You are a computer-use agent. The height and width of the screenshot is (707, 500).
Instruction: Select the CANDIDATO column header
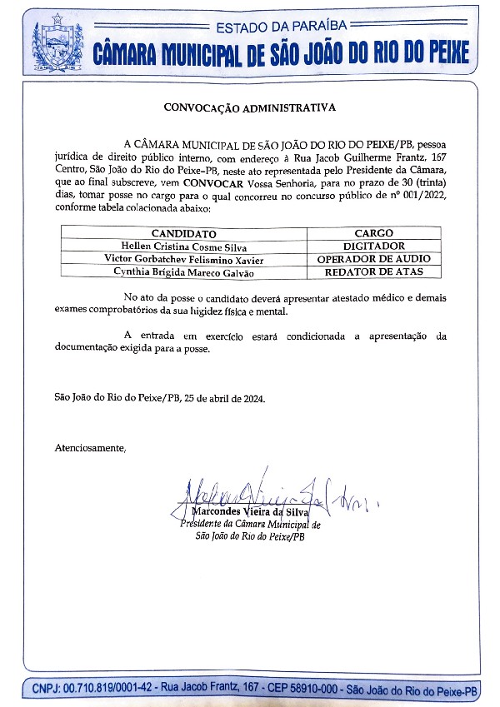tap(183, 234)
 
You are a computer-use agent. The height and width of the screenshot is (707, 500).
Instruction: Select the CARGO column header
tap(373, 234)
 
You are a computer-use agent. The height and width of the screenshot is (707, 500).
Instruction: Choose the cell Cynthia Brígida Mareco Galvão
tap(185, 272)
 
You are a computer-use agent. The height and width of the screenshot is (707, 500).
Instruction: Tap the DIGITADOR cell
tap(373, 246)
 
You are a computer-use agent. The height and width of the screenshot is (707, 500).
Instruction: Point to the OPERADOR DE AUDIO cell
tap(373, 259)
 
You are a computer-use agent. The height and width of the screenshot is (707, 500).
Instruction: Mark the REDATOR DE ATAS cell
tap(373, 272)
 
